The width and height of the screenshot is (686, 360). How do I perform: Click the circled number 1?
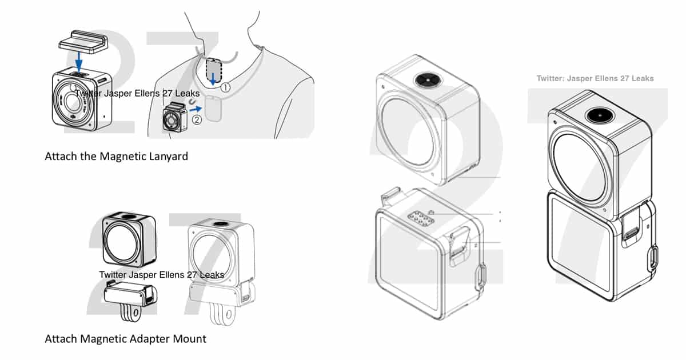click(x=226, y=88)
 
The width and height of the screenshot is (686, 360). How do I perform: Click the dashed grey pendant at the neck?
click(x=214, y=69)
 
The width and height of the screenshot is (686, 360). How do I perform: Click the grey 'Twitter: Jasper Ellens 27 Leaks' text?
click(x=595, y=78)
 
